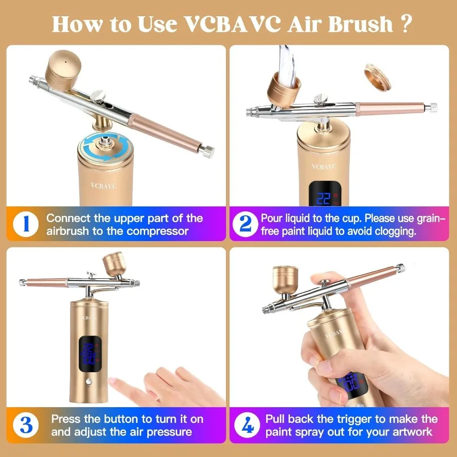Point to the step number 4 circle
[x=246, y=426]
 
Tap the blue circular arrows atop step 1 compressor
[x=106, y=144]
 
